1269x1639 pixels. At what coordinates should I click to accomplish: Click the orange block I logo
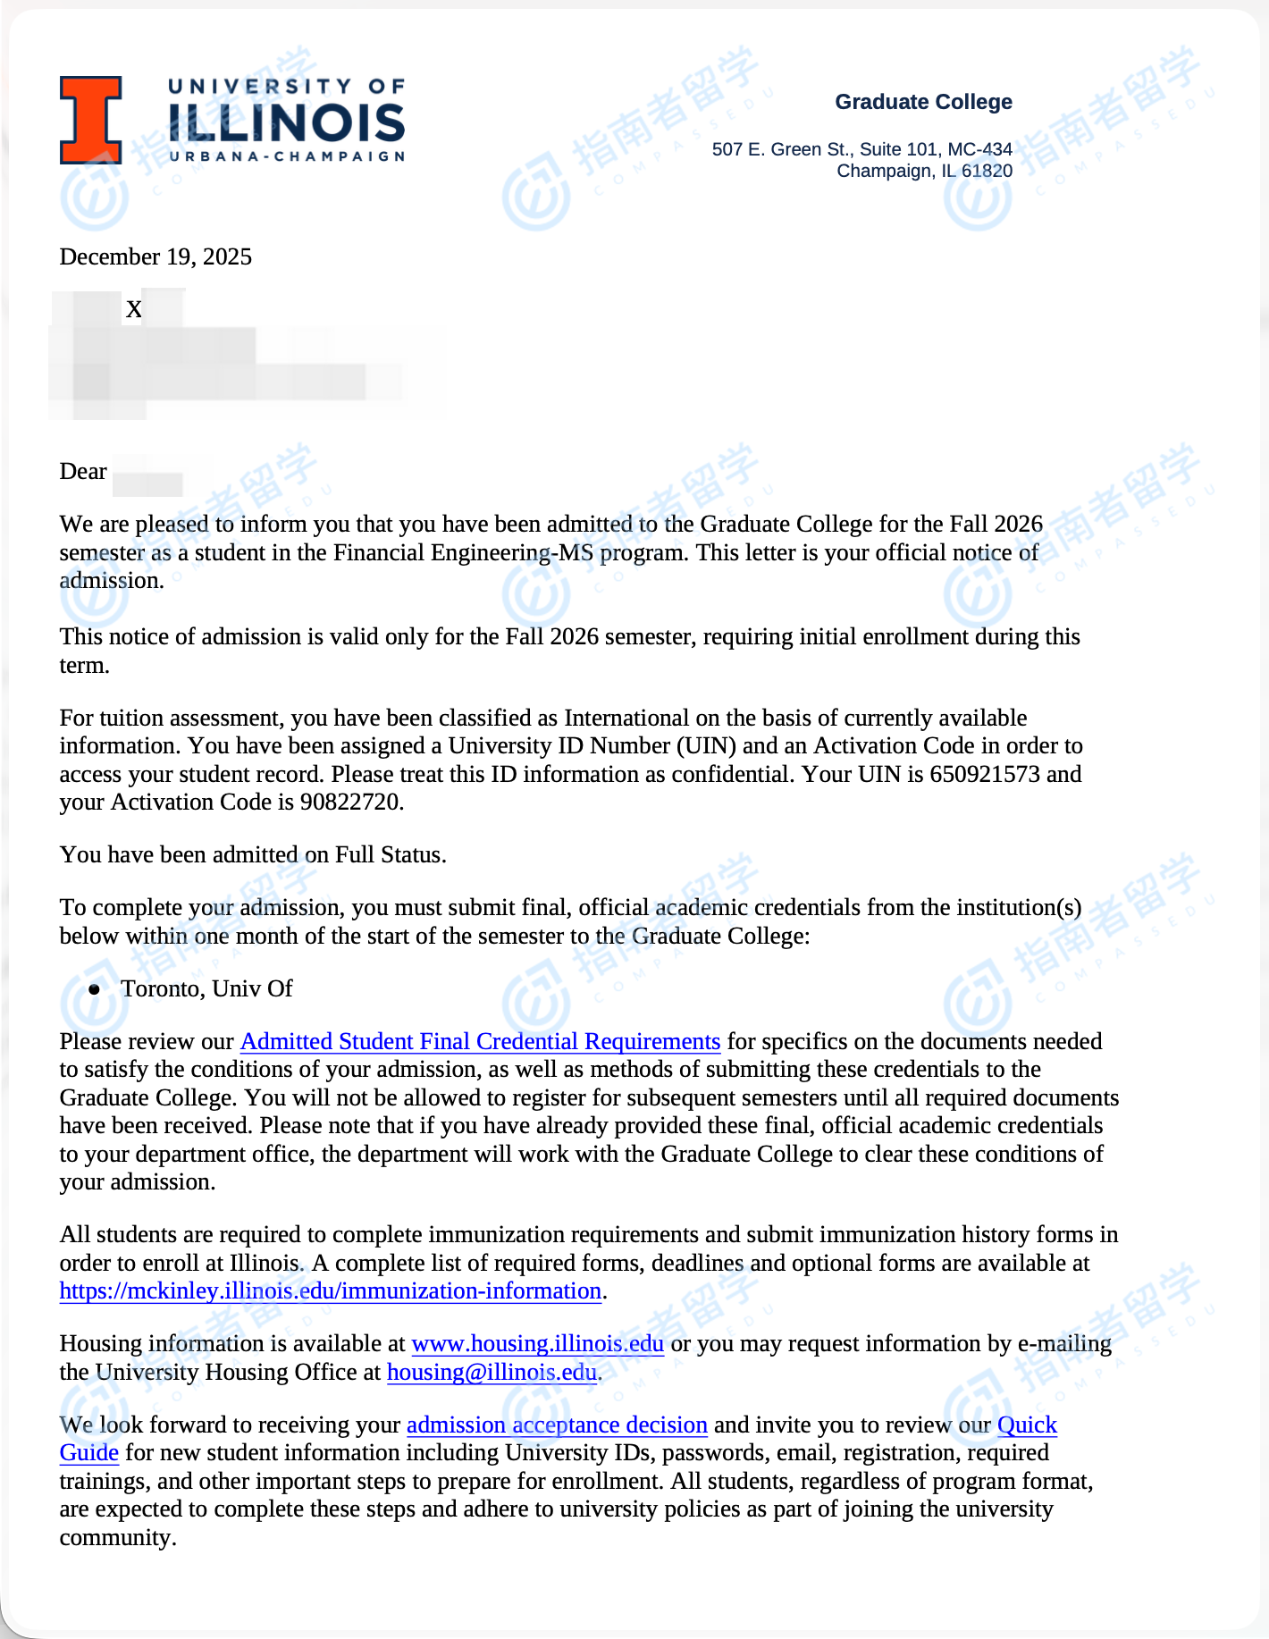90,120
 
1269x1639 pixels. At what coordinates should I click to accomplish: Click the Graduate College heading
923,102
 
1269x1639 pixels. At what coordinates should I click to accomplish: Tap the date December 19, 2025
155,257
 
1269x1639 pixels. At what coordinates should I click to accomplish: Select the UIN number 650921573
985,774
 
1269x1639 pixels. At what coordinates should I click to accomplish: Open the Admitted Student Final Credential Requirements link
480,1042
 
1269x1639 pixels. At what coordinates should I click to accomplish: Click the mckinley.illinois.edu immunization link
330,1291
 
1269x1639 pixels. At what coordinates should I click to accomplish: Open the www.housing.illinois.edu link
537,1344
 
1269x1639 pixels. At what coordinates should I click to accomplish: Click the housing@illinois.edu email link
492,1373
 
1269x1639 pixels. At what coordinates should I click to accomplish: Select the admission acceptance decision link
557,1425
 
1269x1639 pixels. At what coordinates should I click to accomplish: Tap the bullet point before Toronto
95,989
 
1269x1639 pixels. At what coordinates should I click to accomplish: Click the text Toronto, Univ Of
206,989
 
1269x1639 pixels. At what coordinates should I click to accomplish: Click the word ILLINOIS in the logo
286,122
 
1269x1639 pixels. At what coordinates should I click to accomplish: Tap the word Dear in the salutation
83,472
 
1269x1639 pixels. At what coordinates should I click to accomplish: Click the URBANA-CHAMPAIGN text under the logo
286,156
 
